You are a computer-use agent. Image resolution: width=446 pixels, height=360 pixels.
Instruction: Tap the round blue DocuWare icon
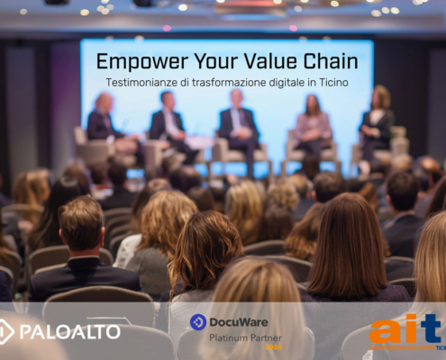click(x=198, y=322)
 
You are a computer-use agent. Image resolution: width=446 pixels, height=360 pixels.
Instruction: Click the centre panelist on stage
click(x=238, y=125)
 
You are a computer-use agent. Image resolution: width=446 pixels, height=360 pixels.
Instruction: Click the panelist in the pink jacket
click(x=314, y=126)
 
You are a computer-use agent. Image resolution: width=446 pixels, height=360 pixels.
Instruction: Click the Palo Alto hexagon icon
click(x=6, y=331)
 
